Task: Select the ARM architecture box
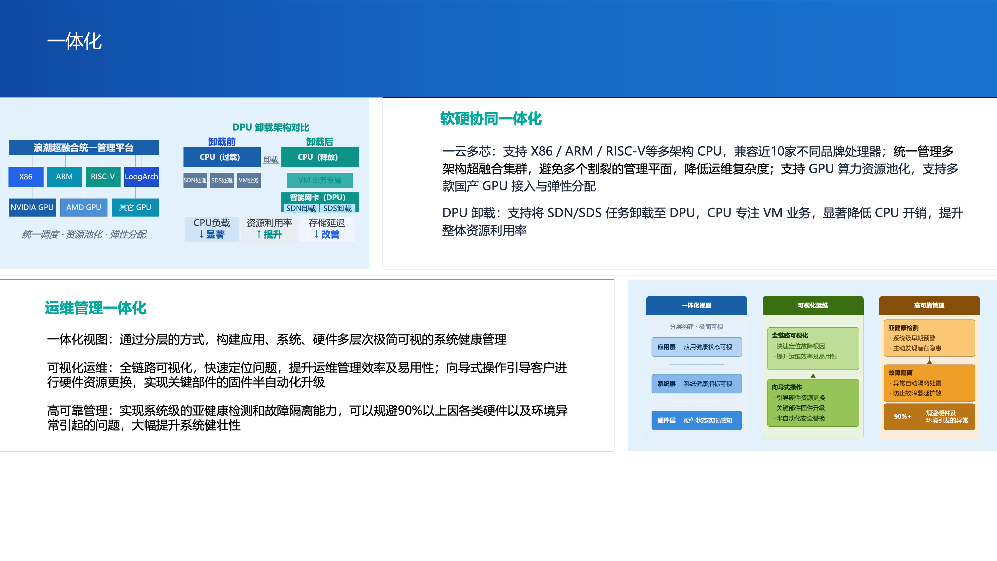64,176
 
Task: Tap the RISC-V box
103,176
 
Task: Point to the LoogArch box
142,176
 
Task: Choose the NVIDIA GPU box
32,207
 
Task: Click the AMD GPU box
83,207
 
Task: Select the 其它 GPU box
135,207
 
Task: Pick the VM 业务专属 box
320,180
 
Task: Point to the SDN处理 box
195,180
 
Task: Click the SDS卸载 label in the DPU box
337,208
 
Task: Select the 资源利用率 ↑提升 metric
269,229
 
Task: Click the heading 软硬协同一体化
491,119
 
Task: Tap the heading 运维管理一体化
96,308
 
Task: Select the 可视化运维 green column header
813,306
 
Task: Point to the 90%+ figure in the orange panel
903,417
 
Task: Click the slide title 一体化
74,41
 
